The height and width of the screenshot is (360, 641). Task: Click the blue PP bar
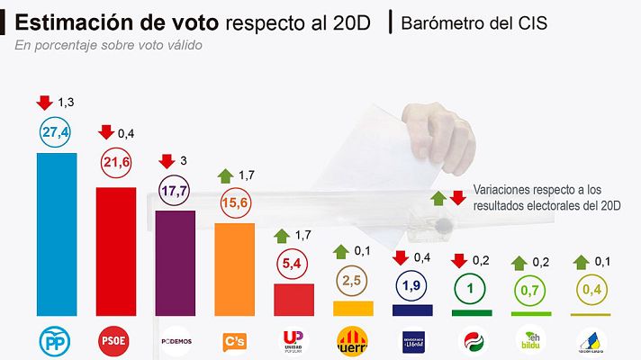tap(56, 234)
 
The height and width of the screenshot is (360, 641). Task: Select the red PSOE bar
tap(115, 251)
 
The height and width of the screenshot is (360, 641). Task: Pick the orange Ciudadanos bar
tap(234, 269)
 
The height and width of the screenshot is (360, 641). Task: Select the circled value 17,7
tap(175, 190)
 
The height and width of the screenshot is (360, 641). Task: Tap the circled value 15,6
tap(234, 203)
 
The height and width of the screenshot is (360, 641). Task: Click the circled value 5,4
tap(293, 264)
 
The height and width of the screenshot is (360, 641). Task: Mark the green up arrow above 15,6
tap(225, 174)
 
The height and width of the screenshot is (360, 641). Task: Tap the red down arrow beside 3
tap(166, 161)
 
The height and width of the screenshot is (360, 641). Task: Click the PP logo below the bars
tap(56, 341)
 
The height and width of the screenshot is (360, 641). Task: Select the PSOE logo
tap(115, 341)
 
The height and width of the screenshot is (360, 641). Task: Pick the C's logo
tap(234, 342)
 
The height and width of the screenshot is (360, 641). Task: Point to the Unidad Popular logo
tap(293, 342)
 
